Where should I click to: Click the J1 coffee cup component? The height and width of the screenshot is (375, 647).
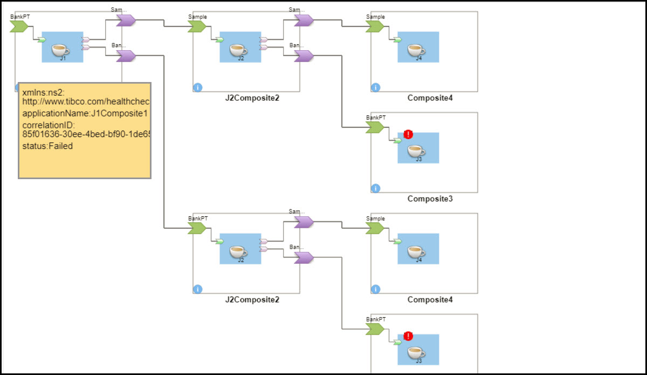coord(62,50)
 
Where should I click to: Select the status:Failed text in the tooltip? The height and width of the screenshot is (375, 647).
coord(47,146)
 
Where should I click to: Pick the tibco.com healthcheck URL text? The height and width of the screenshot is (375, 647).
coord(85,101)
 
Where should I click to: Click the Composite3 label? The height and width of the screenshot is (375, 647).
coord(430,199)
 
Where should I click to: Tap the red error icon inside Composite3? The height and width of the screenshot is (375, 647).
coord(408,134)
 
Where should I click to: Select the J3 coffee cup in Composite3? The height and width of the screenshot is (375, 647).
coord(418,150)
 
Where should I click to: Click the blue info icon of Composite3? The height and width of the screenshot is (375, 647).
coord(376,188)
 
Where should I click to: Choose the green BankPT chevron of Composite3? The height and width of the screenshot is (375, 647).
coord(375,127)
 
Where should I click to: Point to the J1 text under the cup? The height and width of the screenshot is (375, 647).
coord(63,58)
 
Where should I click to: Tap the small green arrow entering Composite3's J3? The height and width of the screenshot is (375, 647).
coord(397,141)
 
